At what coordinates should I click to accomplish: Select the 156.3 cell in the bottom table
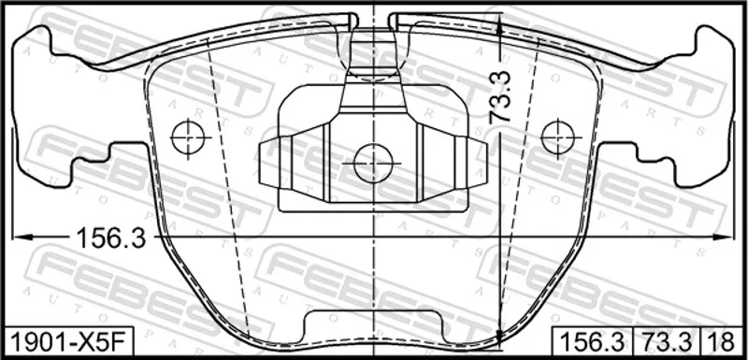click(592, 341)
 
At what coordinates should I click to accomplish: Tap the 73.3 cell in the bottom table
click(667, 341)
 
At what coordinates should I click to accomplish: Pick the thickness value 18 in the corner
click(721, 341)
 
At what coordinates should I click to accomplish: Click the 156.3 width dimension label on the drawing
click(111, 238)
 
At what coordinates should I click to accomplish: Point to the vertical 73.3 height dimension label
click(500, 98)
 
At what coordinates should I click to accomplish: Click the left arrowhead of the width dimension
click(22, 237)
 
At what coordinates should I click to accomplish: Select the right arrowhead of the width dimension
click(724, 237)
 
